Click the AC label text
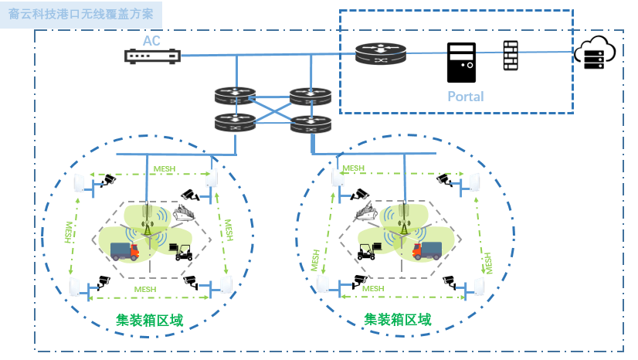[x=151, y=40]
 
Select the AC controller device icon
[x=152, y=56]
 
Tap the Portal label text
[x=466, y=97]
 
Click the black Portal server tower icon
[x=462, y=63]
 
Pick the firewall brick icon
[x=510, y=56]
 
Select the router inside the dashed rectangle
[x=380, y=54]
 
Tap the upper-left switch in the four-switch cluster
[x=235, y=97]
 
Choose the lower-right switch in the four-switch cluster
[x=311, y=124]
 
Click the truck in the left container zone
[x=124, y=250]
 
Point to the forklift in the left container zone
[x=184, y=251]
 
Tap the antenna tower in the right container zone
[x=403, y=219]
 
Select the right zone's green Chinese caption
[x=398, y=319]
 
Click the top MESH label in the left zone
[x=164, y=168]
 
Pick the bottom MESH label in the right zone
[x=374, y=288]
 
